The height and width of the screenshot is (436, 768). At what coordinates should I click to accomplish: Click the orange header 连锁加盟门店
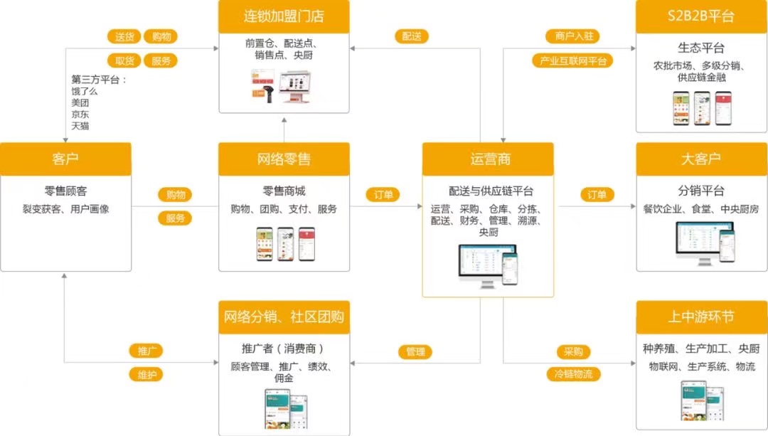pyautogui.click(x=284, y=16)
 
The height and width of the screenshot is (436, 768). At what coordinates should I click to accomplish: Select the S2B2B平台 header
pyautogui.click(x=701, y=16)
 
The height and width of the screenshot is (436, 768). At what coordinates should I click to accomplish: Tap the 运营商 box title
pyautogui.click(x=488, y=159)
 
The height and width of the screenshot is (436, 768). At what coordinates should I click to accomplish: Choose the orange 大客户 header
pyautogui.click(x=701, y=159)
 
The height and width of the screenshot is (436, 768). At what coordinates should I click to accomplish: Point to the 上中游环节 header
pyautogui.click(x=701, y=317)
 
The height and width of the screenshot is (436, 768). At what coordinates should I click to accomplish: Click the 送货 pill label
pyautogui.click(x=124, y=37)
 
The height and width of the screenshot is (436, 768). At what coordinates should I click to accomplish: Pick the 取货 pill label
pyautogui.click(x=124, y=60)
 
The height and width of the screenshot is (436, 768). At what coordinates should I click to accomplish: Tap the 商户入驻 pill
pyautogui.click(x=572, y=37)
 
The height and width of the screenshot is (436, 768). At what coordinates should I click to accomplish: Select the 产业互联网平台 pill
pyautogui.click(x=572, y=60)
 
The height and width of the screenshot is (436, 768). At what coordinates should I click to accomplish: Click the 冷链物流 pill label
pyautogui.click(x=573, y=374)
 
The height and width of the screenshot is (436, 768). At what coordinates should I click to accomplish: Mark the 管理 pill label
pyautogui.click(x=415, y=351)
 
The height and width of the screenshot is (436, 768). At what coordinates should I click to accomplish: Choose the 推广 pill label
pyautogui.click(x=146, y=351)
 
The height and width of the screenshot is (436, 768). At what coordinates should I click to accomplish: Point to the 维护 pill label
pyautogui.click(x=146, y=374)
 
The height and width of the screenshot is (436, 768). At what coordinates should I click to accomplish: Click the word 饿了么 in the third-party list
pyautogui.click(x=84, y=91)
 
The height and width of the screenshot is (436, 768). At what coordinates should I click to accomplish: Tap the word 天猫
pyautogui.click(x=80, y=126)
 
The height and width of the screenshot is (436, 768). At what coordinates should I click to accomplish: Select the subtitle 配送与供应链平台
pyautogui.click(x=491, y=191)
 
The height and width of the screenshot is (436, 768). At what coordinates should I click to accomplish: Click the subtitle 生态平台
pyautogui.click(x=701, y=48)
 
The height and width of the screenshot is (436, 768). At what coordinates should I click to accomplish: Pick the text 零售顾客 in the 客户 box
pyautogui.click(x=65, y=191)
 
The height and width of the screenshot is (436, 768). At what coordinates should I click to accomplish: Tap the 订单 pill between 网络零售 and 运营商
pyautogui.click(x=383, y=195)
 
